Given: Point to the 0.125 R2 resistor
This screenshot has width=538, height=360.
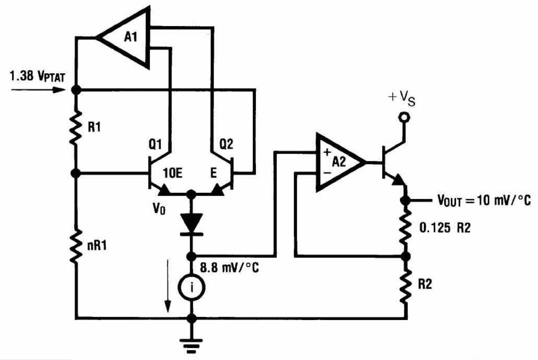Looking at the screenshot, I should tap(406, 227).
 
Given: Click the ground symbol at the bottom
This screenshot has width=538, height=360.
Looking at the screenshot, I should tap(193, 344).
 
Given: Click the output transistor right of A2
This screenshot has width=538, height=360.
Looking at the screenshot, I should tap(390, 162).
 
